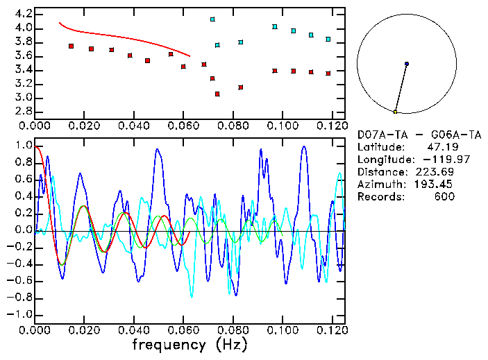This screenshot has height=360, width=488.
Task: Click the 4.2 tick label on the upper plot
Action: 22,14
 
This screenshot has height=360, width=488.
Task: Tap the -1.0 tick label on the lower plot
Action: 19,315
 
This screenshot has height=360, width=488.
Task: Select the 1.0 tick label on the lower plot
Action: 22,146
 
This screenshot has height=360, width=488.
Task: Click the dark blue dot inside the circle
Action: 406,64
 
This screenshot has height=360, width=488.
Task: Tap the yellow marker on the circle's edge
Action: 395,112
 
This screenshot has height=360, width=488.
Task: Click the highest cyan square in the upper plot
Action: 212,19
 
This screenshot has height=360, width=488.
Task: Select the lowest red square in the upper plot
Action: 217,94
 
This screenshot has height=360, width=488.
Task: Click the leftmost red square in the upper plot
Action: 71,46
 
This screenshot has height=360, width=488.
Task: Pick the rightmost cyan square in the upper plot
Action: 328,39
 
